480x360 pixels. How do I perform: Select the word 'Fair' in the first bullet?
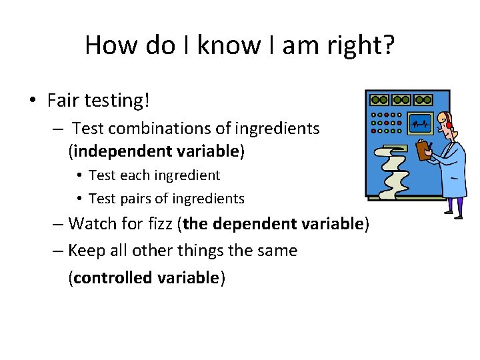pos(63,101)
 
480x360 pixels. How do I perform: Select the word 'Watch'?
pos(91,223)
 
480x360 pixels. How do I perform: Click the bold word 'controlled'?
pos(113,278)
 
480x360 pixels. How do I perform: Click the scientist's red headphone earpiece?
pos(449,125)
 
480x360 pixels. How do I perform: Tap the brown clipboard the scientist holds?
pos(423,149)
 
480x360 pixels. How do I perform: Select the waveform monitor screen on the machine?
pos(420,123)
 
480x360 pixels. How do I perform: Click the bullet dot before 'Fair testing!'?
pos(33,101)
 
